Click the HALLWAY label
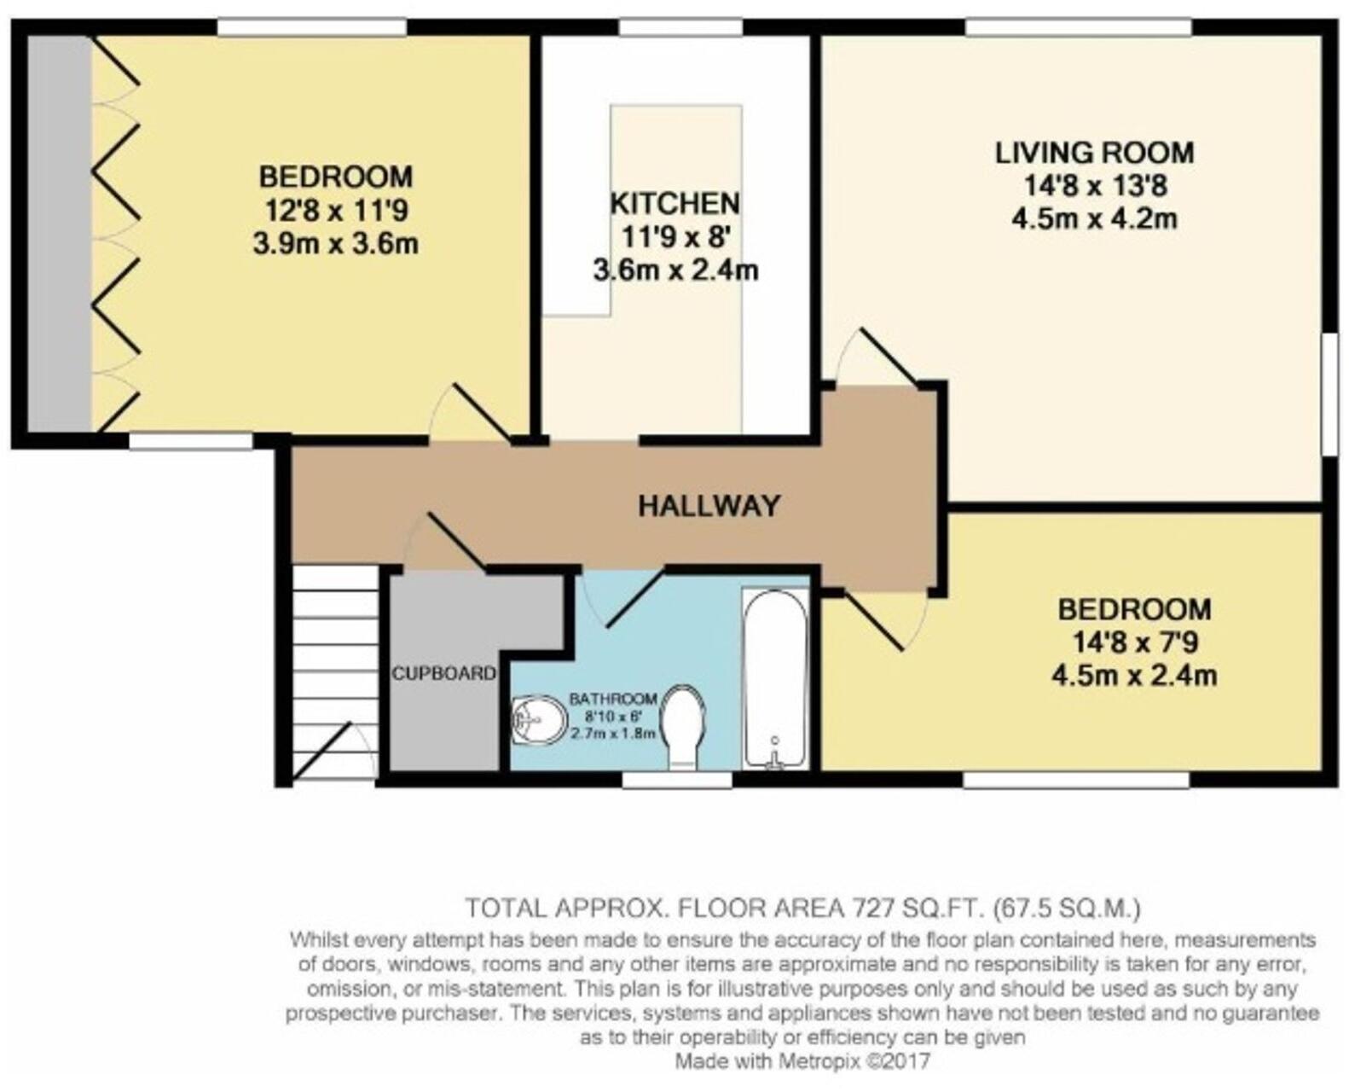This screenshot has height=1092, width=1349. coord(709,506)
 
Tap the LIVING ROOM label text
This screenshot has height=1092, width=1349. coord(1094,154)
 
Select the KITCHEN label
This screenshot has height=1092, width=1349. coord(674,203)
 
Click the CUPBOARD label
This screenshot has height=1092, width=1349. coord(443,673)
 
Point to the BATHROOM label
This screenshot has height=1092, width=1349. coord(613,700)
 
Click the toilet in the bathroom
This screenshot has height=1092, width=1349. coord(682,729)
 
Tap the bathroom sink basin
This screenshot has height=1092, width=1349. coord(538,721)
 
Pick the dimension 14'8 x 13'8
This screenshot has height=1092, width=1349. coord(1095,186)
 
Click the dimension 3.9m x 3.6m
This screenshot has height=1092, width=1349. coord(336,244)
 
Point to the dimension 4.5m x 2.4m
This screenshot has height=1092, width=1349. coord(1134,677)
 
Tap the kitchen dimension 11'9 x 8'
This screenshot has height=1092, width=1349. coord(674,237)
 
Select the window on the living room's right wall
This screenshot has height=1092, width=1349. coord(1330,393)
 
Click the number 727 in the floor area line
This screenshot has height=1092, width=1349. coord(871,909)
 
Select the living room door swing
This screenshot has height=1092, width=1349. coord(875,357)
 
